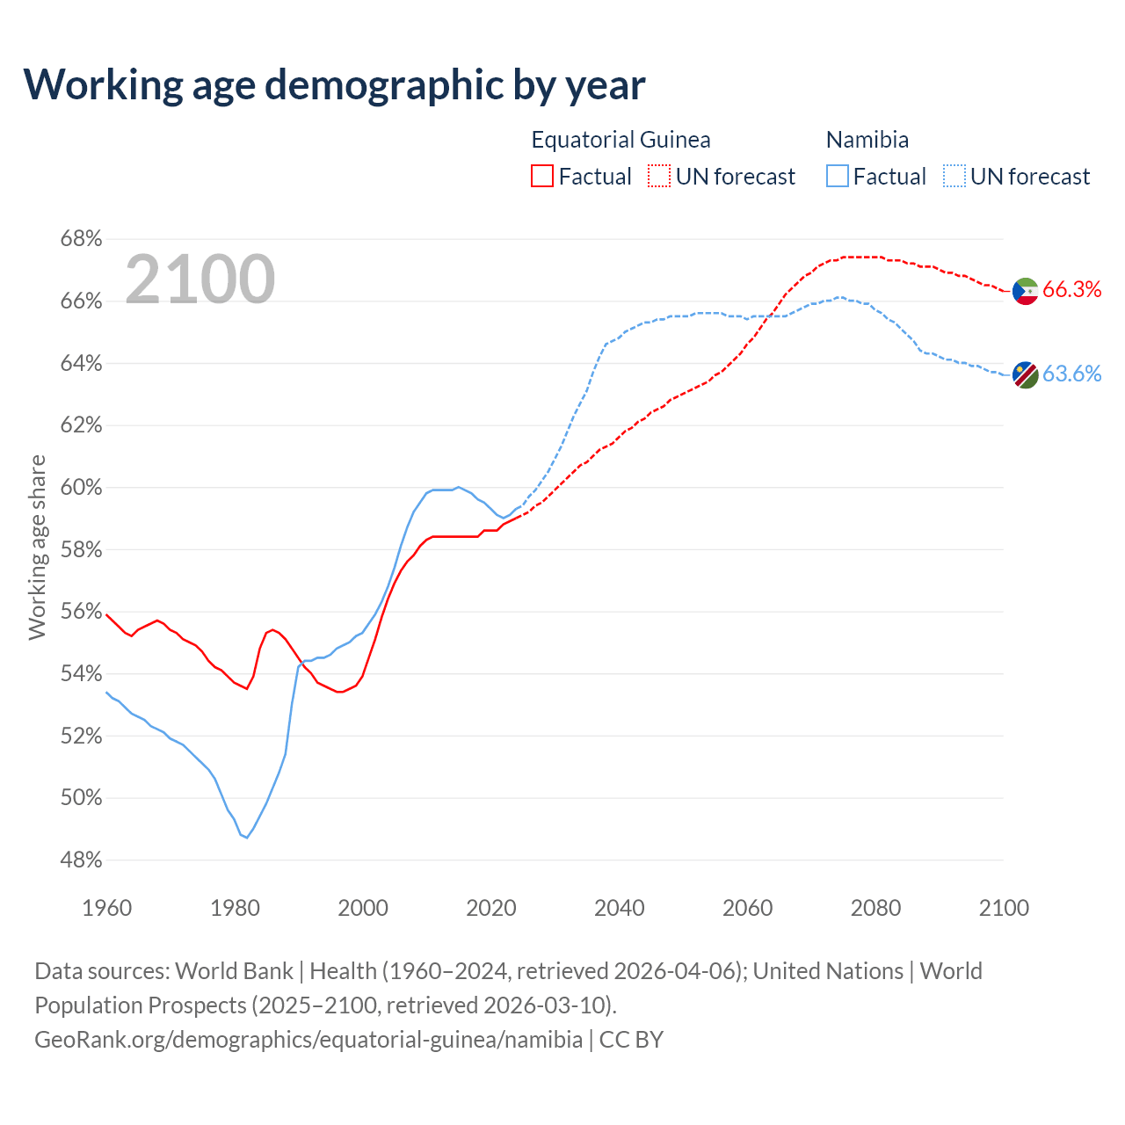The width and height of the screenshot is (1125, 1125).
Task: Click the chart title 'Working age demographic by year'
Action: click(334, 84)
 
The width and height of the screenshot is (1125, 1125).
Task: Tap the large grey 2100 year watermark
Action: click(200, 279)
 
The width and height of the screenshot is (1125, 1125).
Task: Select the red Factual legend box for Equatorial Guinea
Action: click(542, 177)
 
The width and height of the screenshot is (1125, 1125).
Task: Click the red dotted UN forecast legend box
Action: click(659, 177)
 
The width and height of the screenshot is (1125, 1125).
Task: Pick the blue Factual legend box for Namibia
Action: click(838, 177)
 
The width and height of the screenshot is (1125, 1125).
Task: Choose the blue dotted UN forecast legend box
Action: click(954, 177)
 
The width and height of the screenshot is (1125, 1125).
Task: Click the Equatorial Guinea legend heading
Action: click(621, 140)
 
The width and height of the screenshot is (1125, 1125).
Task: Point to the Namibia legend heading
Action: click(867, 140)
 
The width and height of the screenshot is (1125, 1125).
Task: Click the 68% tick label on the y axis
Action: click(81, 239)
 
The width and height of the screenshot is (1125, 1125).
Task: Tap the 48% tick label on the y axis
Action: click(81, 860)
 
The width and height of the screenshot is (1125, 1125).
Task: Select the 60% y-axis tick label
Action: click(81, 488)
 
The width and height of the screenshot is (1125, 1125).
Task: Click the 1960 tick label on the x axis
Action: click(106, 908)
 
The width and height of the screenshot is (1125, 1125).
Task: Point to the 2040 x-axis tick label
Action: click(619, 908)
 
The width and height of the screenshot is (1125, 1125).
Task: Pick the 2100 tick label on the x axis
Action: click(1004, 908)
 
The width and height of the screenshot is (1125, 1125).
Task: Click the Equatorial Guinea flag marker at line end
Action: click(1026, 291)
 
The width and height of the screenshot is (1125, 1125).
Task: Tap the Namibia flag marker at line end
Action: click(1026, 374)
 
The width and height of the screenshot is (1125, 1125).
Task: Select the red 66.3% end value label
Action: click(1072, 290)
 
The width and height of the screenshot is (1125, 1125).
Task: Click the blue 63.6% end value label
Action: click(1072, 374)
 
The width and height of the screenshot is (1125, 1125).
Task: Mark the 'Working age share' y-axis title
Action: click(37, 547)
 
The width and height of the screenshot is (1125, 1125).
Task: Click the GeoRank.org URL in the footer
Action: click(308, 1040)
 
